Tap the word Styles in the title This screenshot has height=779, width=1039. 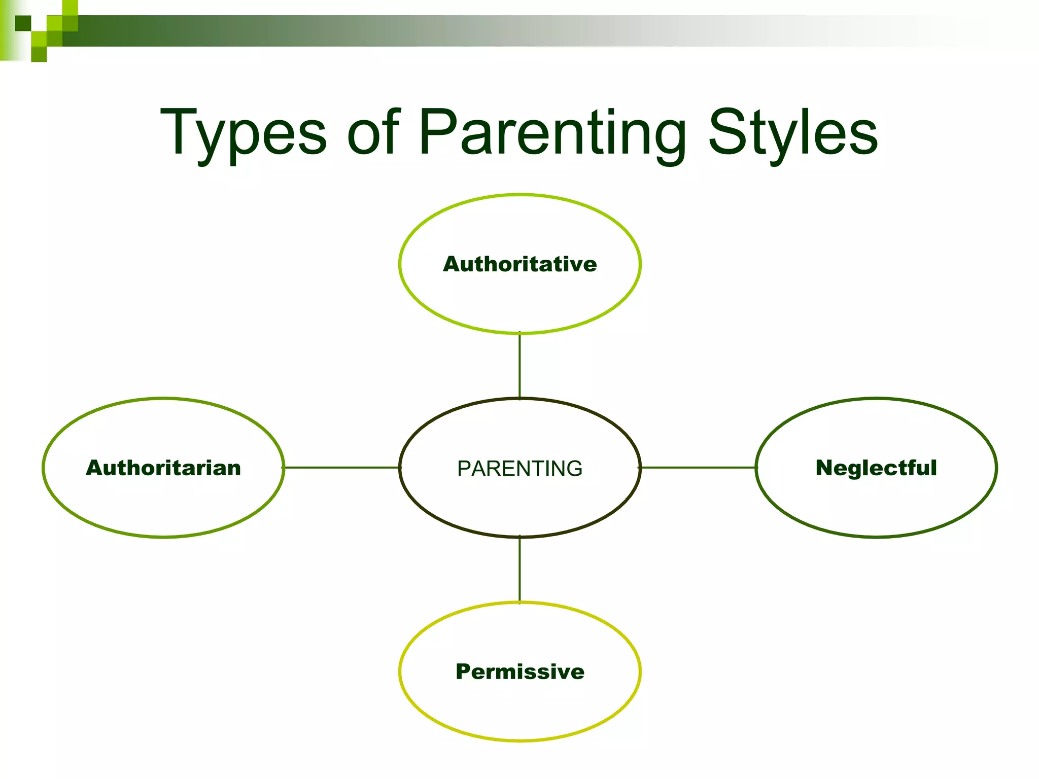point(792,133)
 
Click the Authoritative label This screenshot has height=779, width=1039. point(519,264)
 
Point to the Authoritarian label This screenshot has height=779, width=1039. point(163,468)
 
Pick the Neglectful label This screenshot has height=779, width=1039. point(876,468)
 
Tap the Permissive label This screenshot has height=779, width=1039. point(519,671)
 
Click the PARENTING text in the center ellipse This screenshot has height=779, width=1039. point(519,468)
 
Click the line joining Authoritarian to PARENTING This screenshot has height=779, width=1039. point(342,467)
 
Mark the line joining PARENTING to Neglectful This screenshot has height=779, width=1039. point(698,467)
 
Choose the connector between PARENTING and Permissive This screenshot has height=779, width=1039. point(519,570)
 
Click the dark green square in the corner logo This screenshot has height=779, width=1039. point(23,23)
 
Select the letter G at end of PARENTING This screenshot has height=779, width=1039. point(574,468)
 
